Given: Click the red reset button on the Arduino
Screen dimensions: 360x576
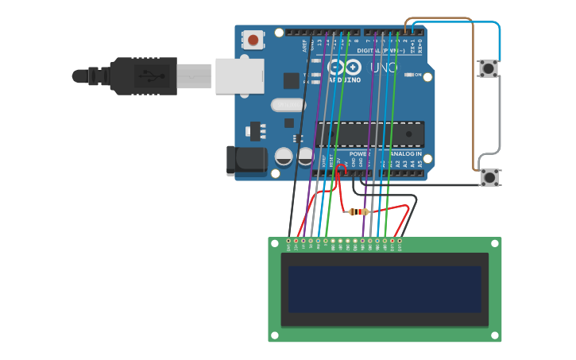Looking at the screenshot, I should [253, 39].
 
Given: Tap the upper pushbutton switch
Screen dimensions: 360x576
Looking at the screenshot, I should [488, 68].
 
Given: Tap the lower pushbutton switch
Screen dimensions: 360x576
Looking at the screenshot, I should [490, 177].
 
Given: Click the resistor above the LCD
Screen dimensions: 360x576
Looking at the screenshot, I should [359, 211].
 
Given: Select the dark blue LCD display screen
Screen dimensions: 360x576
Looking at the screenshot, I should [385, 289].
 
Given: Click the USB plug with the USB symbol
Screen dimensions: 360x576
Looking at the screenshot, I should [144, 76].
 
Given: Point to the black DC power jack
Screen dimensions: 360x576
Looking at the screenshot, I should [245, 160].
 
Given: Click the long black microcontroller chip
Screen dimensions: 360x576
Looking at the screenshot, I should [369, 134].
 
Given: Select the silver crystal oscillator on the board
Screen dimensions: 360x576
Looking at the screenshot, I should [288, 104].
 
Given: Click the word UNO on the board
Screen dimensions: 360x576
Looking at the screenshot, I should [384, 68].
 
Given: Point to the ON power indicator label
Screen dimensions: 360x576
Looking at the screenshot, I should [418, 75].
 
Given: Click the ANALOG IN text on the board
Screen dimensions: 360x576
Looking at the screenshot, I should [405, 153].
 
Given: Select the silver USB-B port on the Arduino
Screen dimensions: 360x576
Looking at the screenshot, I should [239, 76].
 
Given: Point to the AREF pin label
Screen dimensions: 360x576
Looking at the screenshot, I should [304, 46].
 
